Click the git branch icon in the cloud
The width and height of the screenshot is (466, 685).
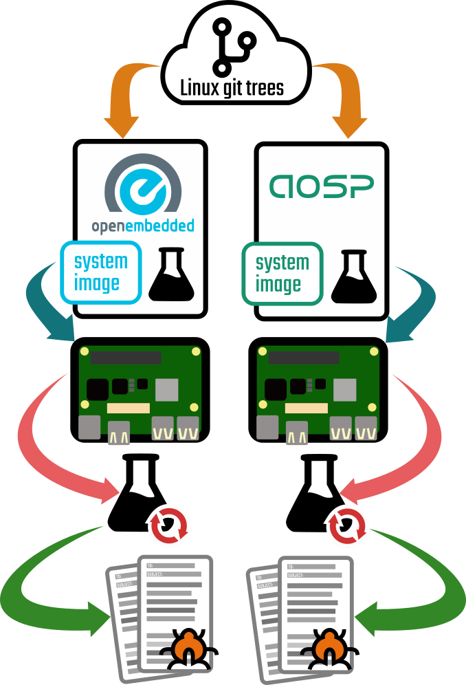tap(233, 47)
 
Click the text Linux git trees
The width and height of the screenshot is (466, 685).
tap(232, 88)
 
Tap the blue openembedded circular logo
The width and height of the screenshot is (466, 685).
tap(143, 186)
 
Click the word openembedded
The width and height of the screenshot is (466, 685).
tap(143, 226)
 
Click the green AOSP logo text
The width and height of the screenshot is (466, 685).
tap(321, 186)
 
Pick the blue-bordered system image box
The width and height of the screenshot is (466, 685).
tap(101, 272)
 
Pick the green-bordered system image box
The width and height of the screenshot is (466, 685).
tap(282, 273)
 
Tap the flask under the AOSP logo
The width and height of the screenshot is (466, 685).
tap(353, 276)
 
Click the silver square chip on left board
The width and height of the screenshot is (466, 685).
tap(167, 390)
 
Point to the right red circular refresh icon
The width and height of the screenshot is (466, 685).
tap(346, 526)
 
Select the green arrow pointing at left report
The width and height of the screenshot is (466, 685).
tap(41, 591)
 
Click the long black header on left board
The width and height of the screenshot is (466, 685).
tap(126, 358)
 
